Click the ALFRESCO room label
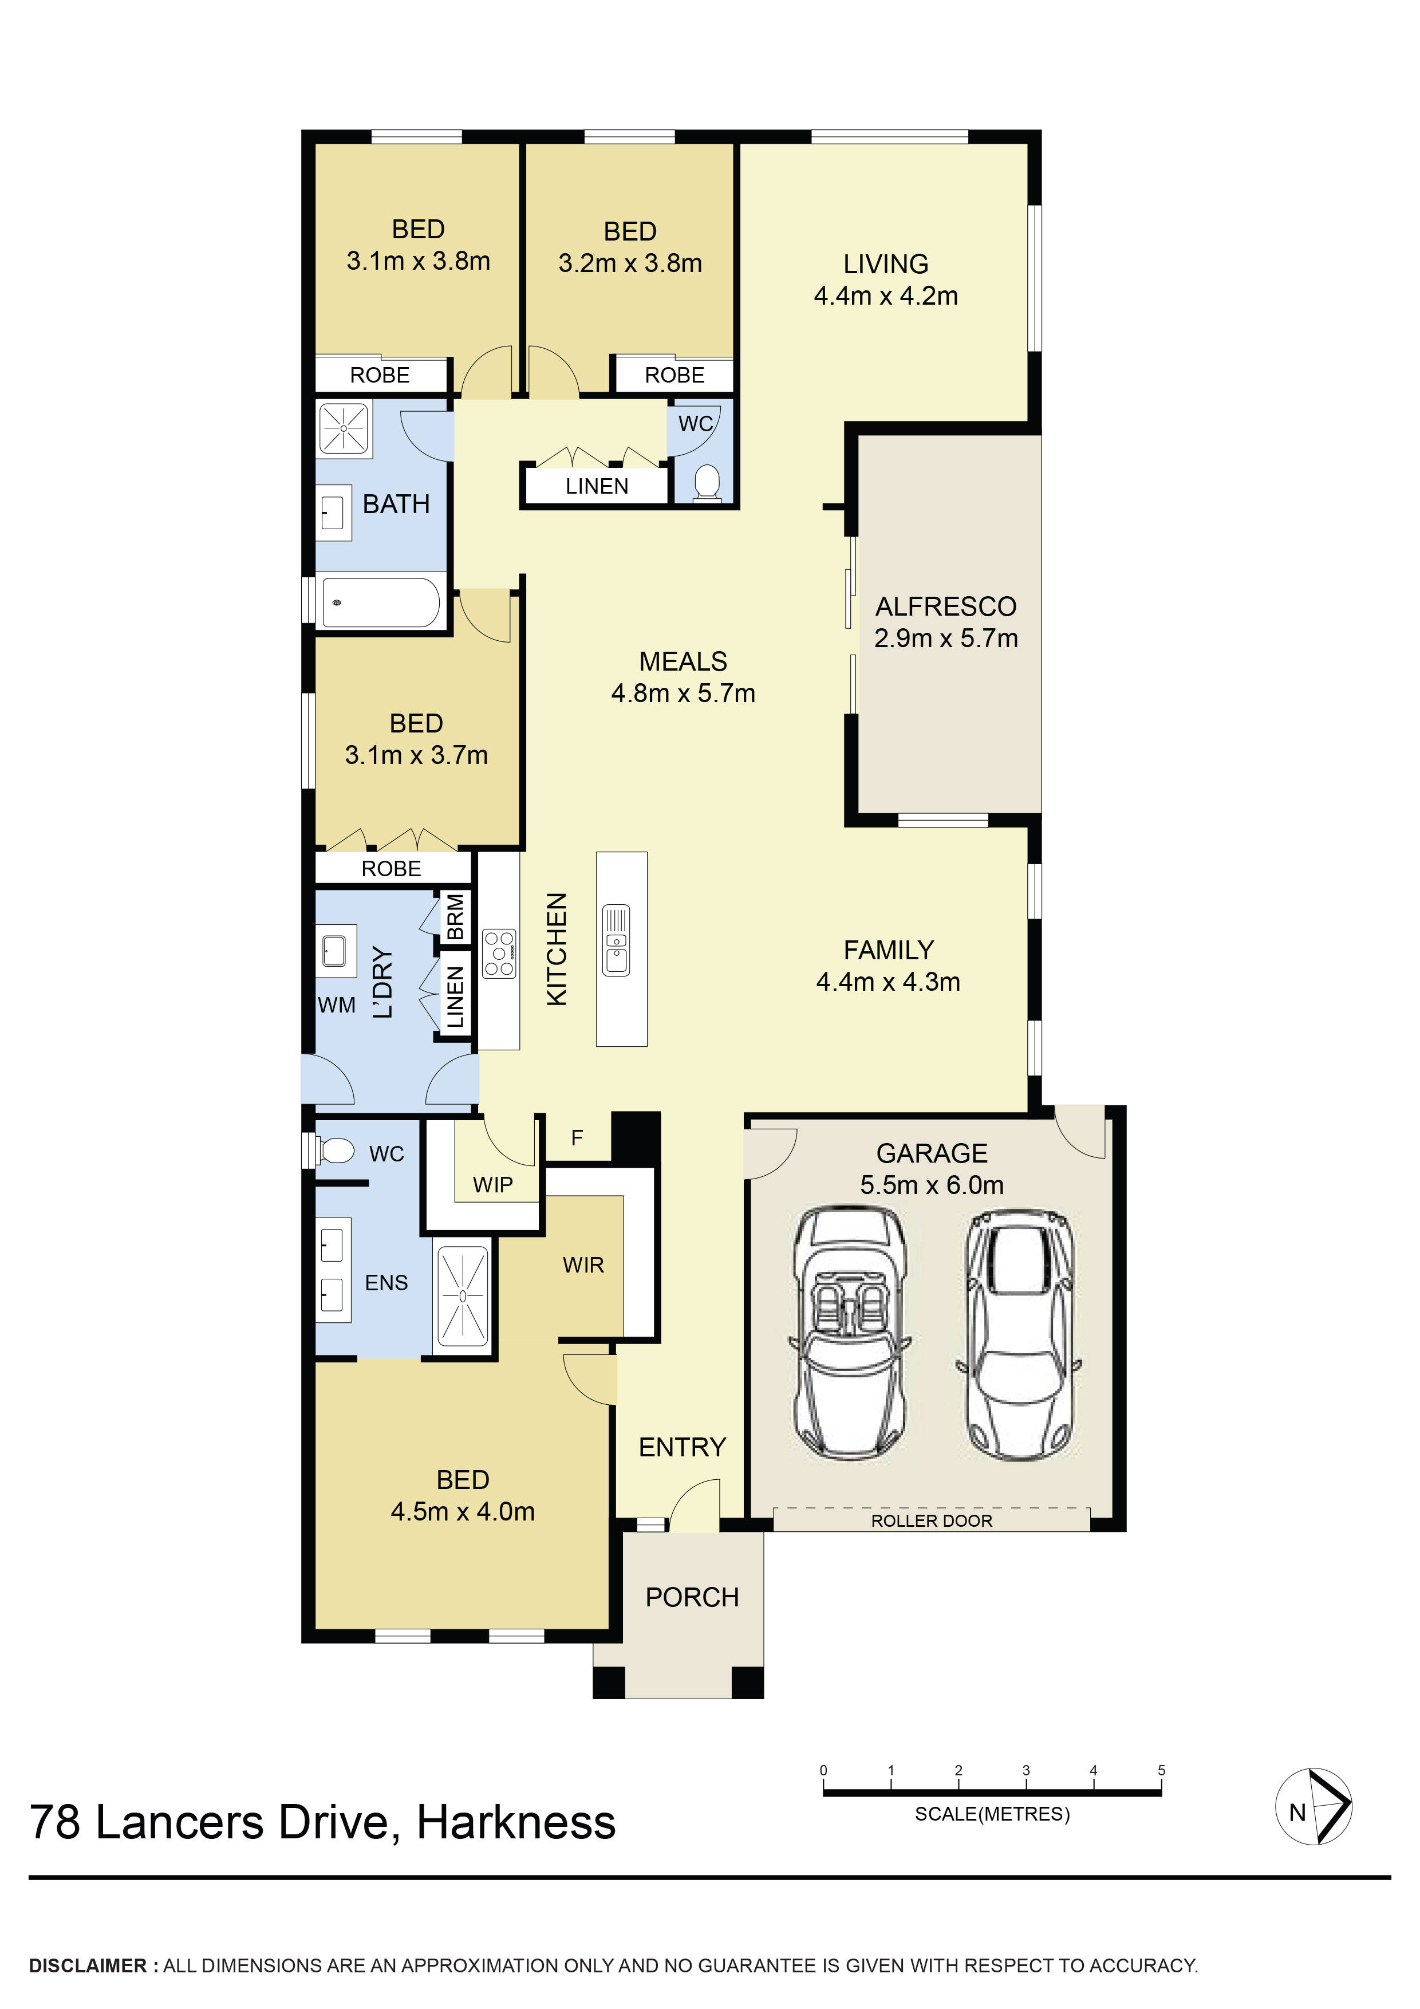(x=946, y=606)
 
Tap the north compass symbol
(x=1313, y=1807)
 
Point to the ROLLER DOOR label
(x=932, y=1520)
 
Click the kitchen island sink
(x=616, y=940)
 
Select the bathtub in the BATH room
(x=381, y=602)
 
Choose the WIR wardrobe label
(x=583, y=1265)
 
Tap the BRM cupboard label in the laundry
(x=455, y=916)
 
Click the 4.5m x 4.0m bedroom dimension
(x=463, y=1511)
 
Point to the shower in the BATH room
(x=344, y=428)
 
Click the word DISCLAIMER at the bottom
(x=88, y=1966)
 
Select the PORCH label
(x=692, y=1598)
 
